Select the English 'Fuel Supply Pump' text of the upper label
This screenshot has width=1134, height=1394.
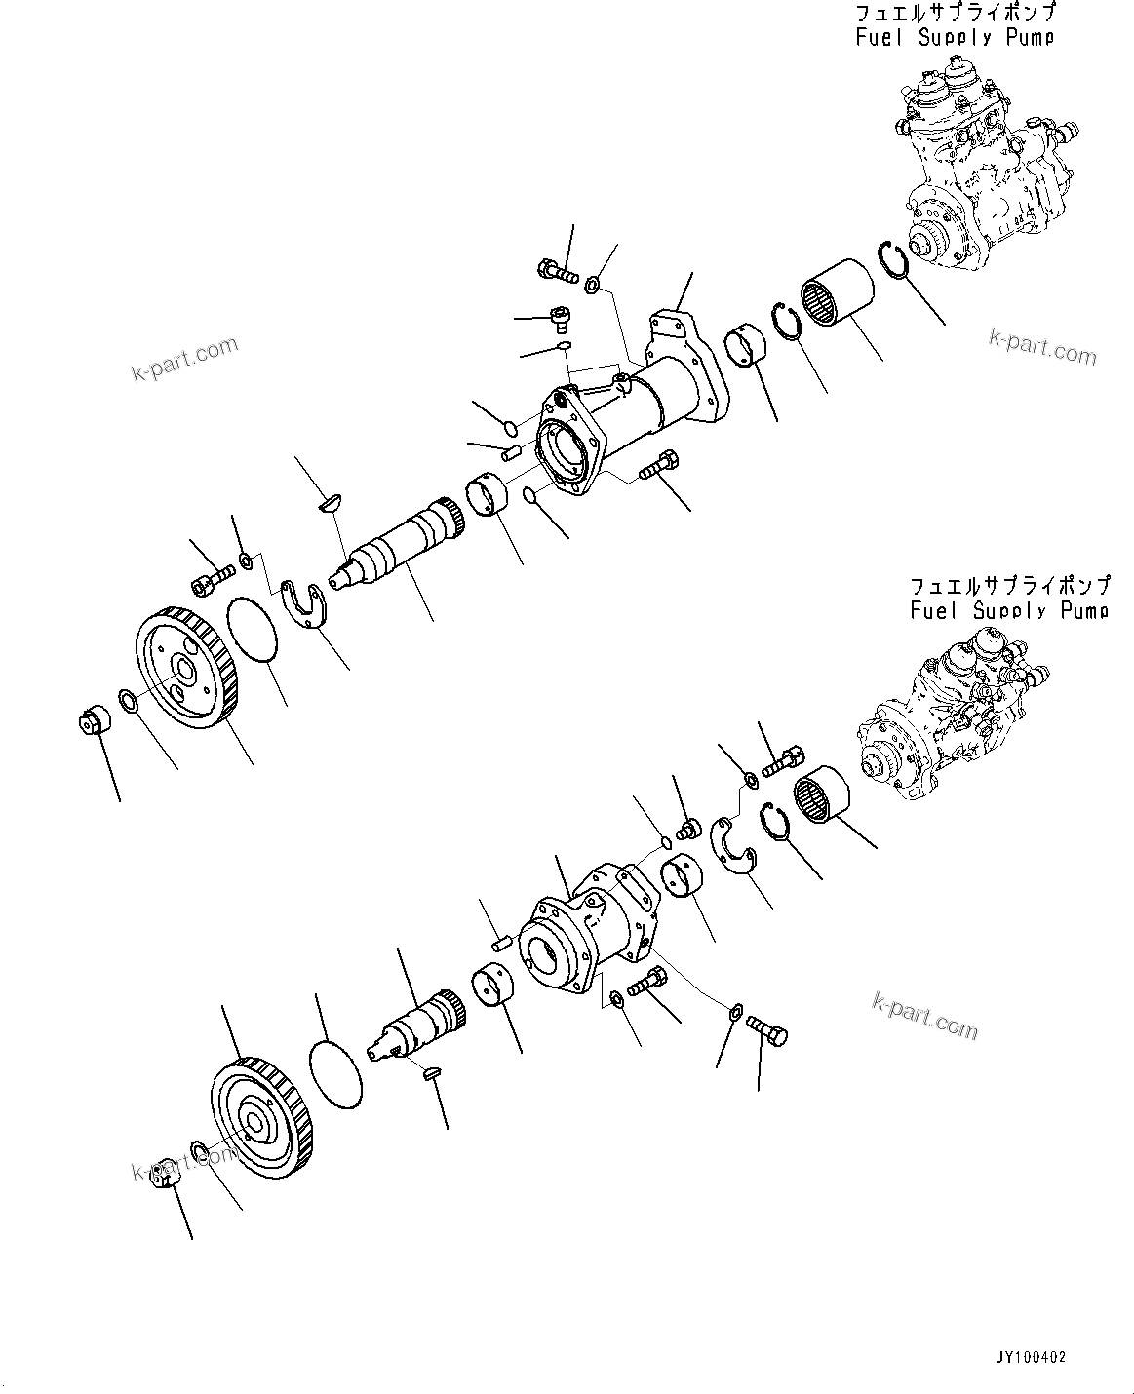coord(955,38)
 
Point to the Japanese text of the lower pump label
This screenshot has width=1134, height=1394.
coord(1008,586)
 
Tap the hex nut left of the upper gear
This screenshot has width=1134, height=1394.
coord(96,722)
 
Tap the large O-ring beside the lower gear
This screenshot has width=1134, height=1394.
coord(334,1077)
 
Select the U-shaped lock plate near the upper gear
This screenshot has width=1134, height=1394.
coord(306,605)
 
